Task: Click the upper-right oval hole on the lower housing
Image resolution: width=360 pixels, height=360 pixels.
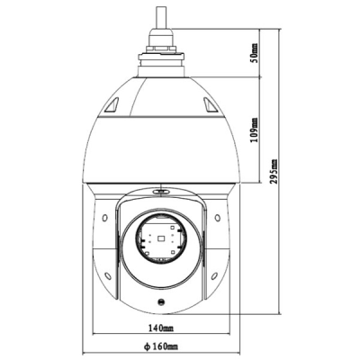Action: pos(217,221)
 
